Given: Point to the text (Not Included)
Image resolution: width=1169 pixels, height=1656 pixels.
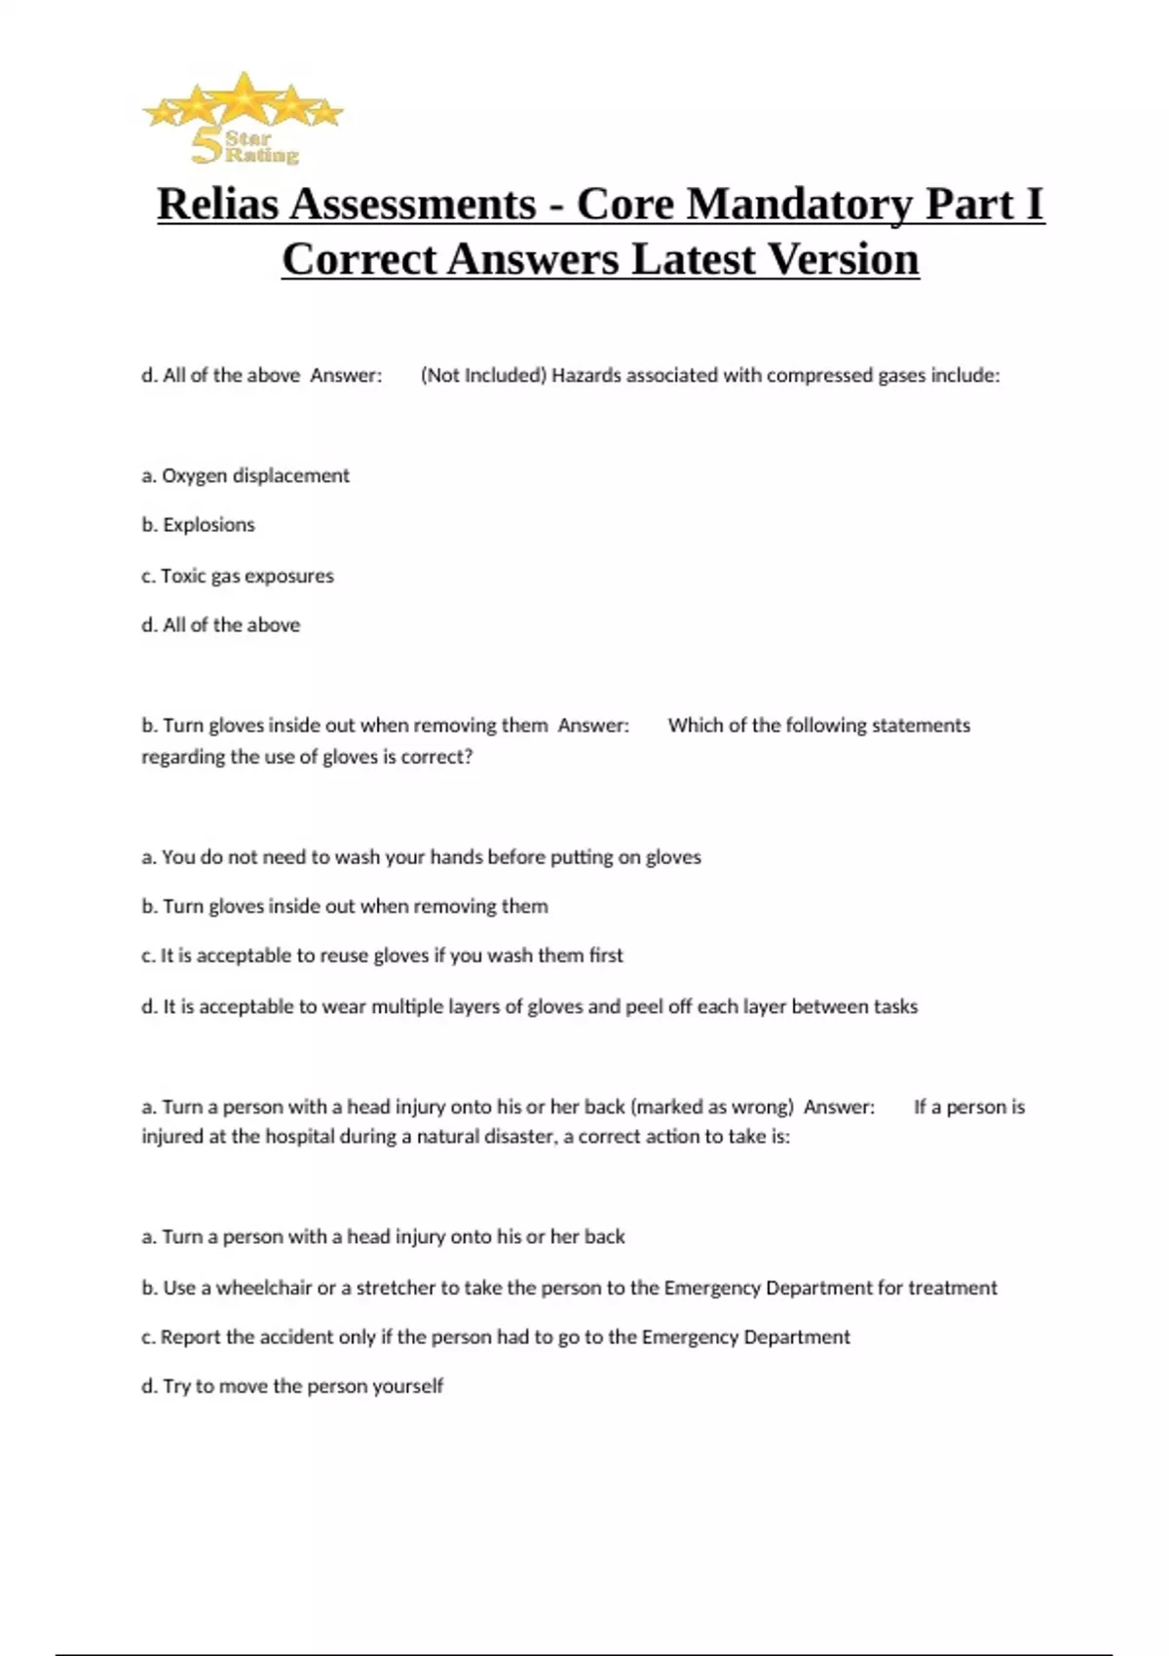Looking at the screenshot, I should [482, 376].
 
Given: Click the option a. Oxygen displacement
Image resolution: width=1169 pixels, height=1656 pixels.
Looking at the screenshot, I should [245, 475].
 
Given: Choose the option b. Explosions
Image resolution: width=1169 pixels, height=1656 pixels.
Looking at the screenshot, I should [198, 525].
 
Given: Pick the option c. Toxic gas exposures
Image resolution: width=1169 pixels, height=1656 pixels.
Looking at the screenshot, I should [238, 576].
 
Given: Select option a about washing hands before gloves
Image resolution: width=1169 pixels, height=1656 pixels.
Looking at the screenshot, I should [421, 857].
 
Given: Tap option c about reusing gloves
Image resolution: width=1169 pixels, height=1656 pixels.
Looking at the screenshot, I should [382, 956].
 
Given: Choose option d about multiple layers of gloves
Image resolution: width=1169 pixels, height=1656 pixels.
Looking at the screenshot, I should [529, 1006].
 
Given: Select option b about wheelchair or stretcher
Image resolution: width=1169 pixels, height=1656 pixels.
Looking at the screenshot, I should [569, 1288].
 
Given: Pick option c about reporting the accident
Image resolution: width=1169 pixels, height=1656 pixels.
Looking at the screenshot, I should [495, 1337].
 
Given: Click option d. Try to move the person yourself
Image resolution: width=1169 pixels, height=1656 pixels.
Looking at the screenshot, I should [292, 1386].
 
